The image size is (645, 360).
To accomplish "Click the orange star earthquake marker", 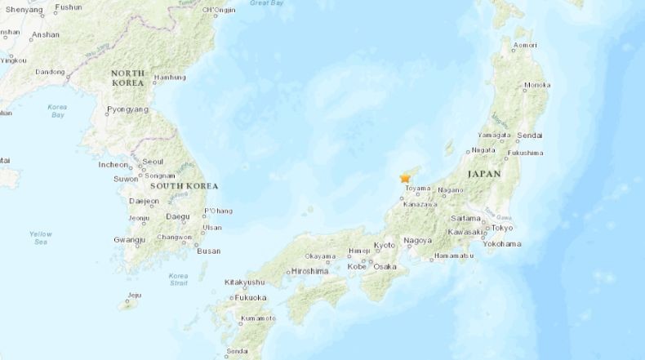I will tap(405, 178).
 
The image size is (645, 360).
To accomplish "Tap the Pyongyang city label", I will tap(127, 109).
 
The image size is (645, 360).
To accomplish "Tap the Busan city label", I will tap(208, 251).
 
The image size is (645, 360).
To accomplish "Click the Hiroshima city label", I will tap(309, 270).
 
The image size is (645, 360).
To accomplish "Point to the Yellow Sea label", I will tap(40, 238).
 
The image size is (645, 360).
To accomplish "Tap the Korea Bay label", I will tap(56, 110).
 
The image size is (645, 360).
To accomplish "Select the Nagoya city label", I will tap(417, 241).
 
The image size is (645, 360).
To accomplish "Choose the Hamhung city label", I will tap(170, 78).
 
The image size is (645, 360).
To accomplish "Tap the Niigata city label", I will tap(483, 150).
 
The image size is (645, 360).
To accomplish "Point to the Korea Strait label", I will tap(178, 280).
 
